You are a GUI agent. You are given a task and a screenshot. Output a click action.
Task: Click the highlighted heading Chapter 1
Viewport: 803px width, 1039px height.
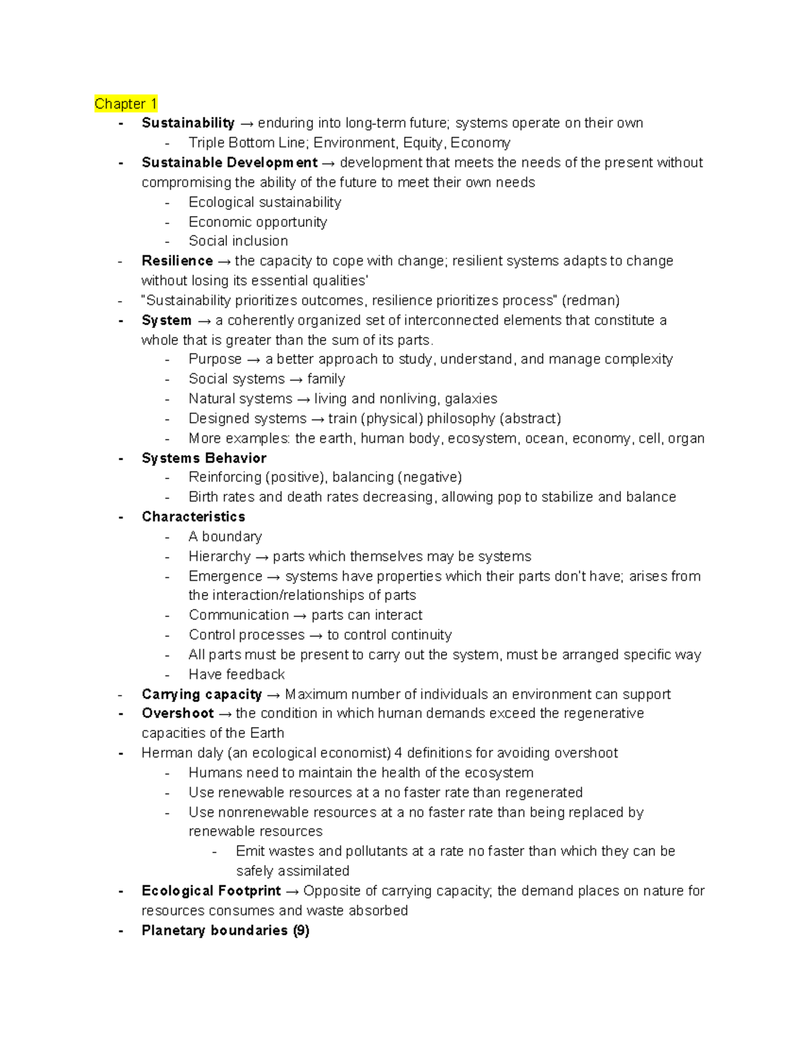tap(126, 104)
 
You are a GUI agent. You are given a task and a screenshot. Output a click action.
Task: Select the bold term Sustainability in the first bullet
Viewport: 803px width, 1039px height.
tap(188, 123)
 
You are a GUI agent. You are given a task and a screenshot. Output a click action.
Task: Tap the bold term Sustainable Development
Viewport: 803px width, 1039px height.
tap(230, 163)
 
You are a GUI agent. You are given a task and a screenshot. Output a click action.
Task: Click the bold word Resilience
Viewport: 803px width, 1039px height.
tap(177, 261)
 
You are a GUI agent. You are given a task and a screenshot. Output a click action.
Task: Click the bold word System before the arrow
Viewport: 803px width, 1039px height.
tap(167, 320)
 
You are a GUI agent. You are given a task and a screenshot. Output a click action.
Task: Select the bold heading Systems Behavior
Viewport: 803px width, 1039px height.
tap(204, 458)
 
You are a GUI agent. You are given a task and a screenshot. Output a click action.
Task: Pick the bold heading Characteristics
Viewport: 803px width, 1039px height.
tap(193, 517)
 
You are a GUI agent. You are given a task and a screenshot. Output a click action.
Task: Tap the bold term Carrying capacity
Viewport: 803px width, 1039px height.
tap(201, 694)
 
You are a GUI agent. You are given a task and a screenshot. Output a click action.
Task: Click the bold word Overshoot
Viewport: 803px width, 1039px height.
tap(177, 714)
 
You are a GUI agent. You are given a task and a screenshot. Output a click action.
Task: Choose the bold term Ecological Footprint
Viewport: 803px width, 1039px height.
tap(211, 891)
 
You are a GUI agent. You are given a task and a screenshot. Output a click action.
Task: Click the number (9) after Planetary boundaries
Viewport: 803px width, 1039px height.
tap(301, 931)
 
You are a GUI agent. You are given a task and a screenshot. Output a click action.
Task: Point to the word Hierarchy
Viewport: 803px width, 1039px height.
tap(219, 557)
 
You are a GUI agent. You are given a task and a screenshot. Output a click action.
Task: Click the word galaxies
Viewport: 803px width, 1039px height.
tap(471, 399)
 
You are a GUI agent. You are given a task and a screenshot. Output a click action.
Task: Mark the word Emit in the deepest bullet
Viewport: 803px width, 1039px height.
tap(249, 852)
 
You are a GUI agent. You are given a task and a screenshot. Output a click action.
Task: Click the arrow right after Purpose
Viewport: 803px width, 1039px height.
tap(254, 360)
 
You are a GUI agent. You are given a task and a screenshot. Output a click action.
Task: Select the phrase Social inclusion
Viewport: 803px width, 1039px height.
tap(238, 241)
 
